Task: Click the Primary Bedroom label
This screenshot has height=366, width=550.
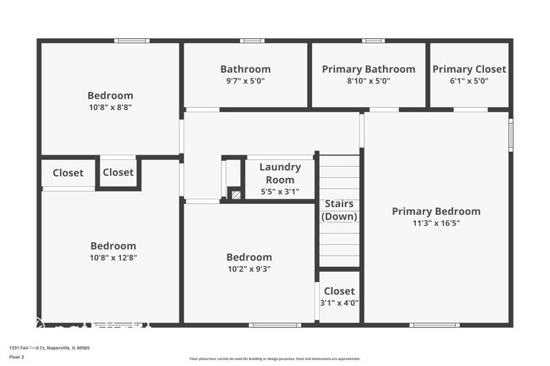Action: (436, 211)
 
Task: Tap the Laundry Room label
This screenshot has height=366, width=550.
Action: (280, 173)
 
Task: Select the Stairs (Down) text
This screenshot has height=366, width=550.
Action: (339, 210)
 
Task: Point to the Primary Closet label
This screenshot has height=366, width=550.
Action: (469, 69)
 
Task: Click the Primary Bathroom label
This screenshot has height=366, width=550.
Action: (368, 69)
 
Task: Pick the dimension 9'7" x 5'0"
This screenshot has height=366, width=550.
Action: (245, 81)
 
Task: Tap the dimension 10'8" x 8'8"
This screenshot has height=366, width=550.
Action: (110, 108)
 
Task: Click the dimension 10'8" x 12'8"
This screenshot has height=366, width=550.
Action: (113, 258)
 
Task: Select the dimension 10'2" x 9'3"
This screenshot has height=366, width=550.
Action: (249, 269)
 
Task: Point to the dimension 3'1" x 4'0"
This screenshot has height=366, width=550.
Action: (339, 303)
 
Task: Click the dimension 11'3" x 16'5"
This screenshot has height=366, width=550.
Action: (436, 223)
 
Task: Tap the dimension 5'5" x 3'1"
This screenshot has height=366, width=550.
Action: (280, 192)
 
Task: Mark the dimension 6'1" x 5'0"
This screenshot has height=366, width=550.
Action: (469, 81)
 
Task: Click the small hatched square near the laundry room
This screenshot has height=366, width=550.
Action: (236, 195)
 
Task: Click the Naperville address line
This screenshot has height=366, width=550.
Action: (49, 347)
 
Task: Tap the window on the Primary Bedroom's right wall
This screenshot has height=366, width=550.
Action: (510, 135)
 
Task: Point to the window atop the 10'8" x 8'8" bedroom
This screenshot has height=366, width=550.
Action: (131, 41)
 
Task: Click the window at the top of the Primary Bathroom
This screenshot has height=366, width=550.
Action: (373, 41)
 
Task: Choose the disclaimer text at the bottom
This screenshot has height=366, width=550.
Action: (274, 358)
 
